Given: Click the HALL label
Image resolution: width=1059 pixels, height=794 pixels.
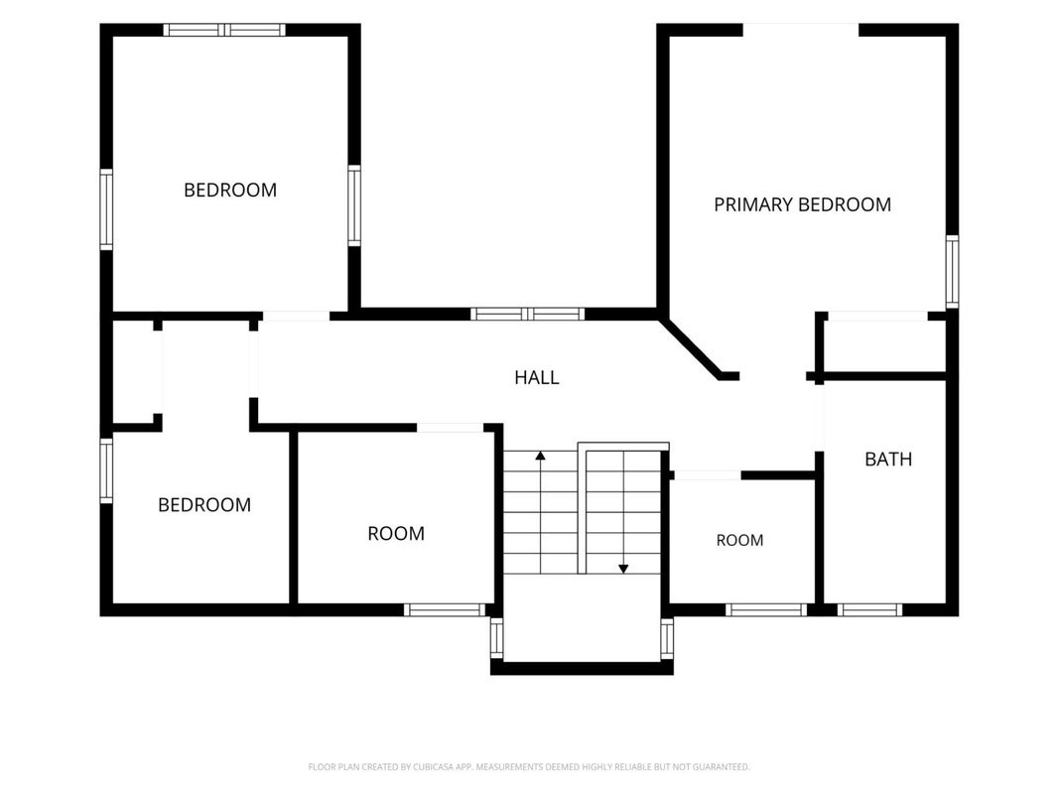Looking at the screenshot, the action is [x=537, y=377].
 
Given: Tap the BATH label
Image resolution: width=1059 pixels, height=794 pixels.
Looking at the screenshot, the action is [x=888, y=460].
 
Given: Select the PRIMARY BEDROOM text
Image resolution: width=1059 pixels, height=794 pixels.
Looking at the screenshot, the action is [x=802, y=204].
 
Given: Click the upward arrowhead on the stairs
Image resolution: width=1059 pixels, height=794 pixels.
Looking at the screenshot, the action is [x=540, y=456].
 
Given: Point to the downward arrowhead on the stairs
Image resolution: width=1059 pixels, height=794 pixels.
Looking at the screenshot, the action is [x=623, y=569].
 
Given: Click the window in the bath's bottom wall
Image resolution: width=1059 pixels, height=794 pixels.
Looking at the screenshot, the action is [x=869, y=609].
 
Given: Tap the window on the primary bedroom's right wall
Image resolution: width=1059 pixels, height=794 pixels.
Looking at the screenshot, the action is [x=952, y=271].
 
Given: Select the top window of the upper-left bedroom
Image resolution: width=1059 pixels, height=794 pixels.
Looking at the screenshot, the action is [x=224, y=30].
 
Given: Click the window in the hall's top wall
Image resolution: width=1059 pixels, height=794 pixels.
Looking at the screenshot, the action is [x=527, y=314].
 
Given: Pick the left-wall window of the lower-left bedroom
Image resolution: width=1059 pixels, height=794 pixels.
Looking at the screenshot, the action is [x=106, y=470].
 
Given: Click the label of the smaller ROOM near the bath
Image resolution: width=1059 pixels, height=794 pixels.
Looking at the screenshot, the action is [x=739, y=540].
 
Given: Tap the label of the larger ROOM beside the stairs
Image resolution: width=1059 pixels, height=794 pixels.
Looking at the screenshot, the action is [x=396, y=533].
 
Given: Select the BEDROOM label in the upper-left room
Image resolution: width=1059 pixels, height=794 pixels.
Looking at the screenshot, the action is [x=230, y=190].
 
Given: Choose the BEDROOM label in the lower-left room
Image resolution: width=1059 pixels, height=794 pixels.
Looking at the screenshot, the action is [x=204, y=504].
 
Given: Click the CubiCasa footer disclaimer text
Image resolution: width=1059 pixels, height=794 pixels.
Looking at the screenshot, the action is [x=529, y=767].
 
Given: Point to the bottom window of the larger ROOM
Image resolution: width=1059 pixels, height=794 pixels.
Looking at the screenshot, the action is [x=445, y=609].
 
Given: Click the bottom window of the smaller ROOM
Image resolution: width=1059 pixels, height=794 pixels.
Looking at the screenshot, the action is [x=766, y=609].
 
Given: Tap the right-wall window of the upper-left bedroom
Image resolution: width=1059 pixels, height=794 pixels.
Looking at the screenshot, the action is [x=354, y=205].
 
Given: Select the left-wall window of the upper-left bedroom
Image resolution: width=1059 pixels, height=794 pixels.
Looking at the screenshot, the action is [x=106, y=209].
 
